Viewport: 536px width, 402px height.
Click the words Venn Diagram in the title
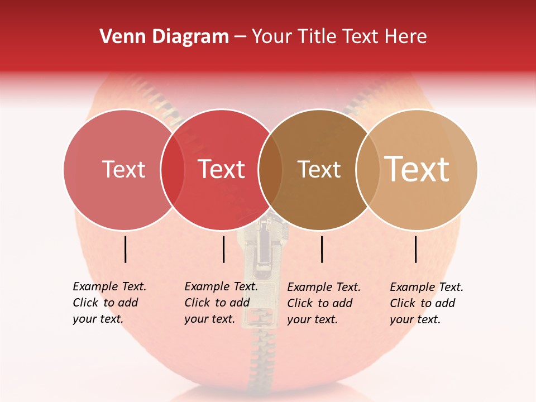(164, 37)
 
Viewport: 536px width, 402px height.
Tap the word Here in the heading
(406, 37)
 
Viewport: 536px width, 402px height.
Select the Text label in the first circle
(124, 169)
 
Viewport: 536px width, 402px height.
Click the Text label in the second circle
(222, 169)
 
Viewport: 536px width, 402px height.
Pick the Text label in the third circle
(319, 169)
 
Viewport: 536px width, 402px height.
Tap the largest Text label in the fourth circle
(417, 169)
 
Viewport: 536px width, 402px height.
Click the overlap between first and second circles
(173, 169)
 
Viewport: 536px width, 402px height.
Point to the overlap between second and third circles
(270, 169)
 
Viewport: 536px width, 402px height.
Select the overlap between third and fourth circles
(367, 169)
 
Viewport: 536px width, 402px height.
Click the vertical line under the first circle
(126, 249)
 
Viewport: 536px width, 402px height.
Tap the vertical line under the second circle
(223, 249)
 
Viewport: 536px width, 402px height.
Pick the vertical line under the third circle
(322, 249)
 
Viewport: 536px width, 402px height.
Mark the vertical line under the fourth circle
(416, 249)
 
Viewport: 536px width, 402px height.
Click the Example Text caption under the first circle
(109, 303)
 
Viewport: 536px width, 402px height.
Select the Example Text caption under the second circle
(221, 303)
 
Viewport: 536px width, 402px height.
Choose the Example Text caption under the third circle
(323, 303)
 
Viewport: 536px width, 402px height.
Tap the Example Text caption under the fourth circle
(426, 303)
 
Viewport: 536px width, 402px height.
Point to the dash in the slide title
(240, 37)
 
